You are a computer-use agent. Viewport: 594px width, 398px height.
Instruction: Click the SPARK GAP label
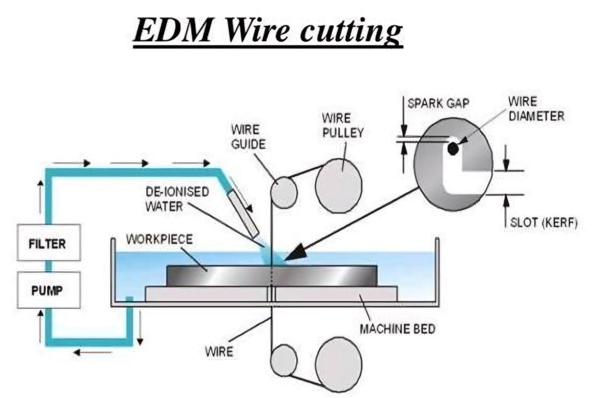[x=438, y=103]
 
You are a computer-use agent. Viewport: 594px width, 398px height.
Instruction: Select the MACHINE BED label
[x=398, y=329]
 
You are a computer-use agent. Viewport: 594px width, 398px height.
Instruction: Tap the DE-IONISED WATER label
[x=177, y=199]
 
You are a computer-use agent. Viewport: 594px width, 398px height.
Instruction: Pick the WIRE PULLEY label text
[x=343, y=125]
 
